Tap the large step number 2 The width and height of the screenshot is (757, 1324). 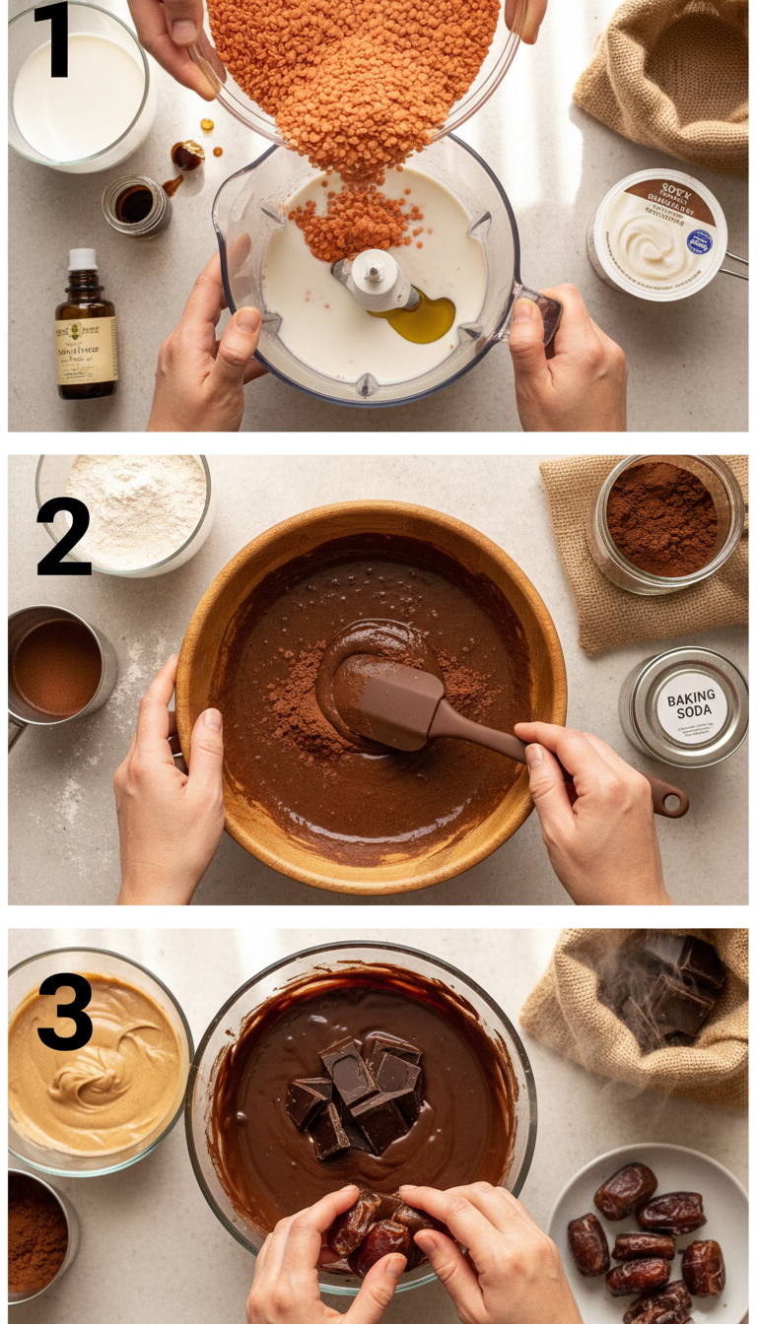pyautogui.click(x=63, y=536)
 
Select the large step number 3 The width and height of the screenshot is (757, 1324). pyautogui.click(x=64, y=1012)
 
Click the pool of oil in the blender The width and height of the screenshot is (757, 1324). pyautogui.click(x=422, y=319)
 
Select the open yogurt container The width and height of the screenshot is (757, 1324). pyautogui.click(x=658, y=234)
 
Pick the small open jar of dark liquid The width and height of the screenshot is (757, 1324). pyautogui.click(x=136, y=205)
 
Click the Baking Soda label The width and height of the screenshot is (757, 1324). pyautogui.click(x=690, y=707)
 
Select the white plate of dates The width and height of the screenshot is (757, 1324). pyautogui.click(x=647, y=1237)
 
